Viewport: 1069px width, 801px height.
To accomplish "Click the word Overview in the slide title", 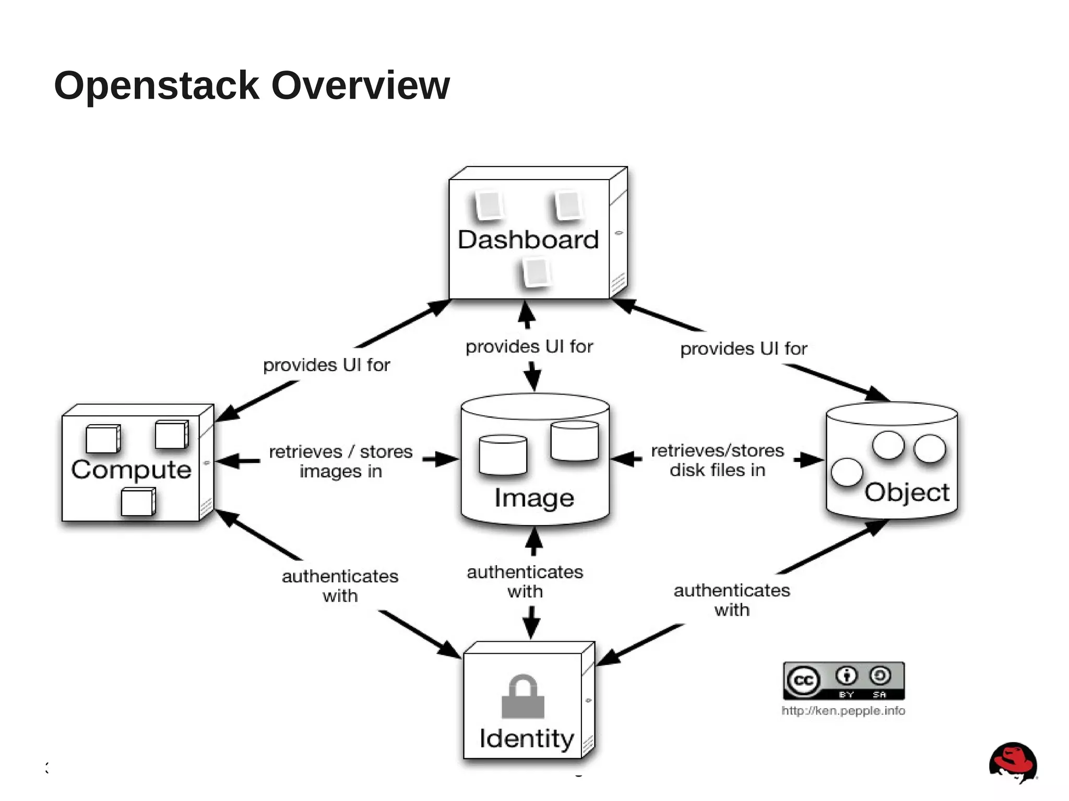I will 360,85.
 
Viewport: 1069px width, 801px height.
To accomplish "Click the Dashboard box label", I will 528,240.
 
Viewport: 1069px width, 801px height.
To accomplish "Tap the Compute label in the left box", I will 131,470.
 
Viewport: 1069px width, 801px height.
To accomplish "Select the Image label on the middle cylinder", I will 534,498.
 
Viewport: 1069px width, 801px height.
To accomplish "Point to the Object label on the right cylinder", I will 907,493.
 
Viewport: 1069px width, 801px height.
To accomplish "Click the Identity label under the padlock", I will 527,738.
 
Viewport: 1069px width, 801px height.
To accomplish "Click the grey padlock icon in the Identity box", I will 523,697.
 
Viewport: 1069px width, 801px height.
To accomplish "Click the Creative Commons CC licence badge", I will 844,680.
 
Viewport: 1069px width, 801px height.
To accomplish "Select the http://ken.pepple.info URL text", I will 843,711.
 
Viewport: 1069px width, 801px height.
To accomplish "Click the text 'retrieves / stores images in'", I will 341,461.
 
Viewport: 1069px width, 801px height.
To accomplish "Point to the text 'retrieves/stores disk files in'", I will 717,460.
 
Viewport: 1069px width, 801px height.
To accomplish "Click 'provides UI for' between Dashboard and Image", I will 529,346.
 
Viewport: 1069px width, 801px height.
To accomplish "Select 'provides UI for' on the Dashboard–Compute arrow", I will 326,365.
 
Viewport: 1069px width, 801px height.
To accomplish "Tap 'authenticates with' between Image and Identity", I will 525,581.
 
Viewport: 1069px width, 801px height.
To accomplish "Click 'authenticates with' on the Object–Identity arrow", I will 732,600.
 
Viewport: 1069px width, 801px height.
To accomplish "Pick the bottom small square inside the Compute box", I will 137,502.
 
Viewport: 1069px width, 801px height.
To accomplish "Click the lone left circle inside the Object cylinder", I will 846,472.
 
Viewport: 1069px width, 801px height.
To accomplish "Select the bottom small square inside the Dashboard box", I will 536,272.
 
